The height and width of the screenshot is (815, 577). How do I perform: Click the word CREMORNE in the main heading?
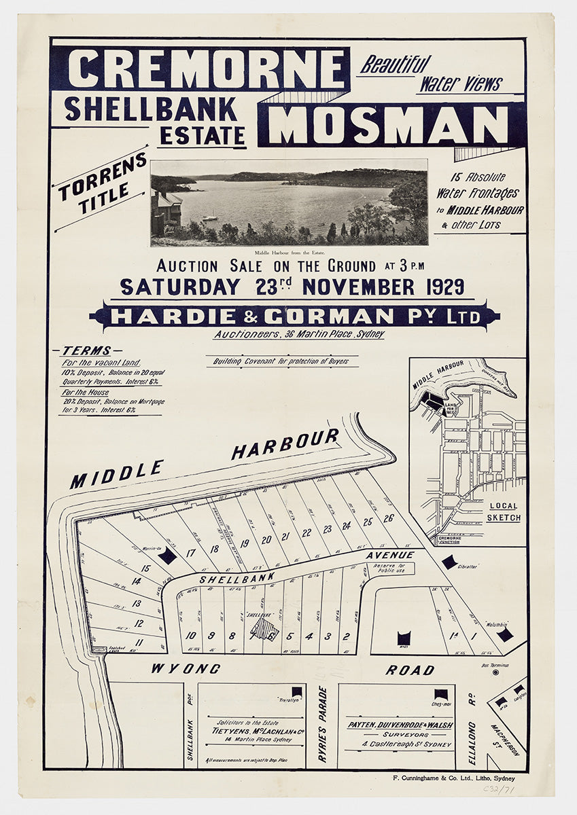click(x=207, y=69)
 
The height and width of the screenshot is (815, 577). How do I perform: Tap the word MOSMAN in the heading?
click(x=392, y=125)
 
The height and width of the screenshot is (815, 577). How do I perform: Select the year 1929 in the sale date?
click(x=440, y=287)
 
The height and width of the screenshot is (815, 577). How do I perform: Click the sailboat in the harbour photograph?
click(x=210, y=217)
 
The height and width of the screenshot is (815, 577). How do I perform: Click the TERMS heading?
click(x=86, y=351)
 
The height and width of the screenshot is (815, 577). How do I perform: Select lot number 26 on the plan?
click(x=388, y=519)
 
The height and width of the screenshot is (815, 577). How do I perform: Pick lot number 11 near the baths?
click(x=139, y=642)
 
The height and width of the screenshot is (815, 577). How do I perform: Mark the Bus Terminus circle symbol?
click(x=495, y=672)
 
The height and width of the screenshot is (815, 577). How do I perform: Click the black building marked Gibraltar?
click(x=449, y=562)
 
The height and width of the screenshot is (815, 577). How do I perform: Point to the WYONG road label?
click(x=186, y=669)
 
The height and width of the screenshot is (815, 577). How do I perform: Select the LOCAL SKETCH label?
click(x=503, y=511)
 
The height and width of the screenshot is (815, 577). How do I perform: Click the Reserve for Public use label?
click(x=393, y=568)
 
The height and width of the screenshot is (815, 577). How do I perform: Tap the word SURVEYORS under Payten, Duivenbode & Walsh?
click(x=399, y=734)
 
